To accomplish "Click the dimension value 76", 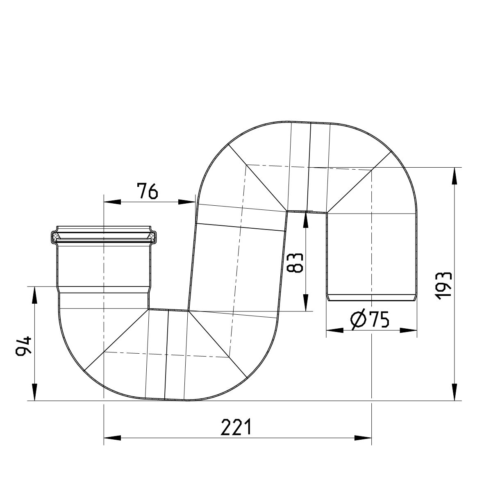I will tap(147, 191).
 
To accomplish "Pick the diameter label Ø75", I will tap(370, 320).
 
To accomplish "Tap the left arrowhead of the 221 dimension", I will tap(112, 438).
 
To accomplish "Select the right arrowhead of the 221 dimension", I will tap(363, 438).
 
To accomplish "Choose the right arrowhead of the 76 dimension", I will tap(186, 201).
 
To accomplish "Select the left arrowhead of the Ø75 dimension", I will tap(334, 330).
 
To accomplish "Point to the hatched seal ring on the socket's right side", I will tap(152, 236).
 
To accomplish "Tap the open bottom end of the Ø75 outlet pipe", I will tap(371, 298).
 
